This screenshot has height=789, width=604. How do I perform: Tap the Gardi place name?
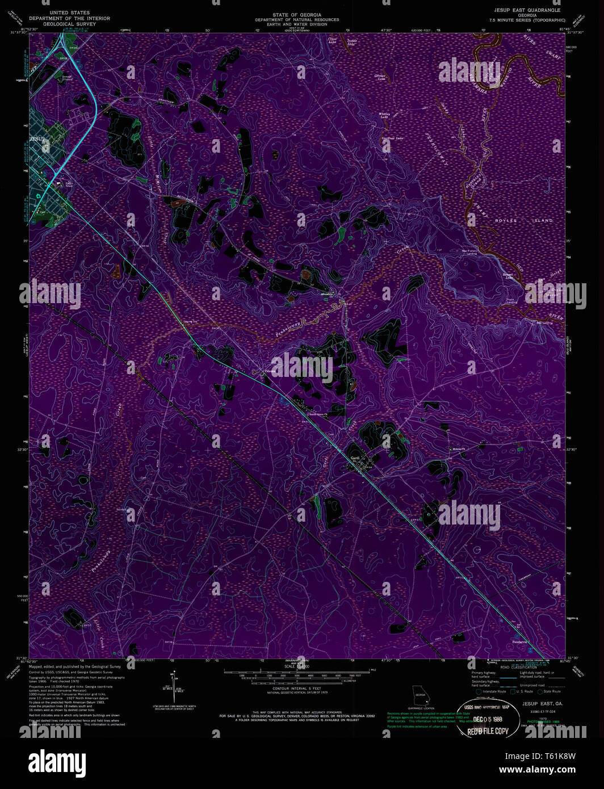[355, 458]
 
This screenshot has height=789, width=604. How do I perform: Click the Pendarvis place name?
[520, 642]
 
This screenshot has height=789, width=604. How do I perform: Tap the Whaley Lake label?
[385, 115]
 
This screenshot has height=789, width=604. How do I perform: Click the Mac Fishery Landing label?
[469, 251]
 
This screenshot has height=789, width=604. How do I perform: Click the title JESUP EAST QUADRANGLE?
[527, 10]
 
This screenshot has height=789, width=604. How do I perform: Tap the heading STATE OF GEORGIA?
[296, 15]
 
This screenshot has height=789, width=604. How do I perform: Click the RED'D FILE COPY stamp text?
[488, 731]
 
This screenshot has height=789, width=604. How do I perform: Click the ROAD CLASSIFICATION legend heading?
[518, 667]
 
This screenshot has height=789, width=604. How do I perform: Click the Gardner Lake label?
[392, 139]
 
